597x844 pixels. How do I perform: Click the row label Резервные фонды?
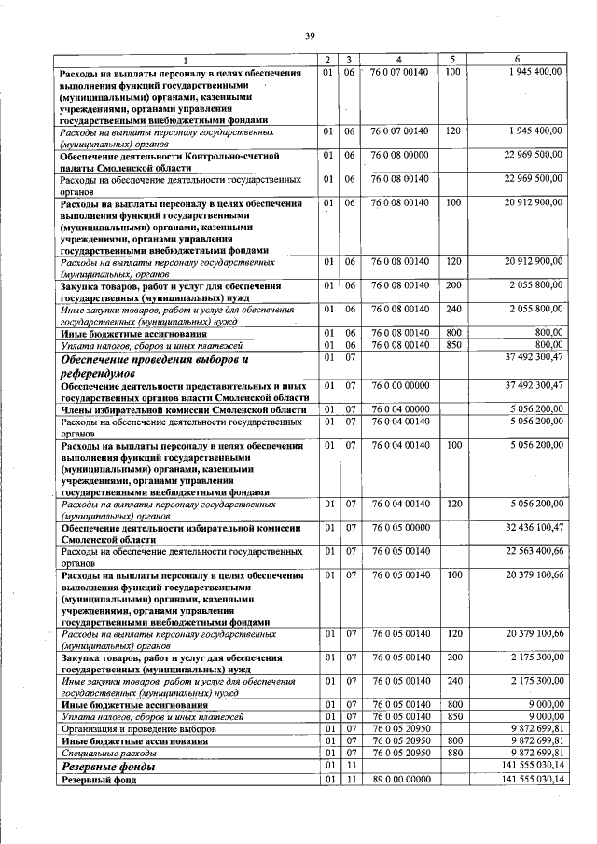[107, 767]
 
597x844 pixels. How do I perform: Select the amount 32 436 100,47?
[529, 528]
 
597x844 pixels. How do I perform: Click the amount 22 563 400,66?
[529, 552]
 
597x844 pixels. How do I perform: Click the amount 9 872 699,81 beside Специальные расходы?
[529, 752]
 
